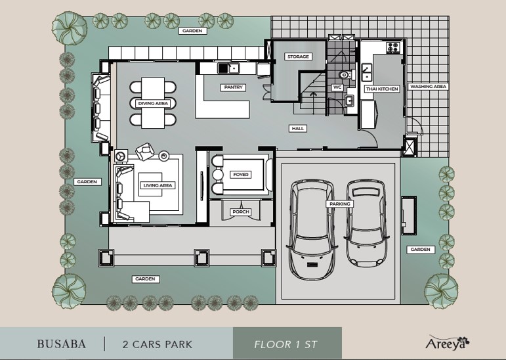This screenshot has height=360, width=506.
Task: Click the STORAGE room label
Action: tap(298, 56)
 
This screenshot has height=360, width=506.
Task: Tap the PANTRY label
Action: tap(234, 87)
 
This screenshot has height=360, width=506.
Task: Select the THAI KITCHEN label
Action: tap(382, 89)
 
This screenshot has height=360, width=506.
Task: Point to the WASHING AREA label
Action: tap(428, 87)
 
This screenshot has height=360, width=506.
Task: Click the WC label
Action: tap(337, 87)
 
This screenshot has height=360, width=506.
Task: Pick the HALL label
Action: tap(297, 129)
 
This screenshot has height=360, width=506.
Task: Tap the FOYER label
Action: tap(241, 175)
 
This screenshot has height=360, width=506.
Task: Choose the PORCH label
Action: tap(241, 212)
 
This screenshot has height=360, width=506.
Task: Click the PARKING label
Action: tap(340, 204)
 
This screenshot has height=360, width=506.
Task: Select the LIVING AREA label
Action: tap(158, 185)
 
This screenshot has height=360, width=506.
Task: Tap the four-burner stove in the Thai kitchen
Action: tap(393, 47)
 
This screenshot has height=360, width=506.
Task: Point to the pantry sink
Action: tap(228, 68)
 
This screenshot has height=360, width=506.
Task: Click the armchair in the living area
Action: tap(145, 152)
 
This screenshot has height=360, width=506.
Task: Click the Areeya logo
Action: tap(448, 342)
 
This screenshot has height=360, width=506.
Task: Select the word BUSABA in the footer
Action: tap(62, 344)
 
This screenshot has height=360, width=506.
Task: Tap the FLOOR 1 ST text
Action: tap(286, 344)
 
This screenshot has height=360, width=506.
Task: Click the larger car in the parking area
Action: tap(312, 229)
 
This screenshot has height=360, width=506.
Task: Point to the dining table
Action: tap(153, 102)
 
